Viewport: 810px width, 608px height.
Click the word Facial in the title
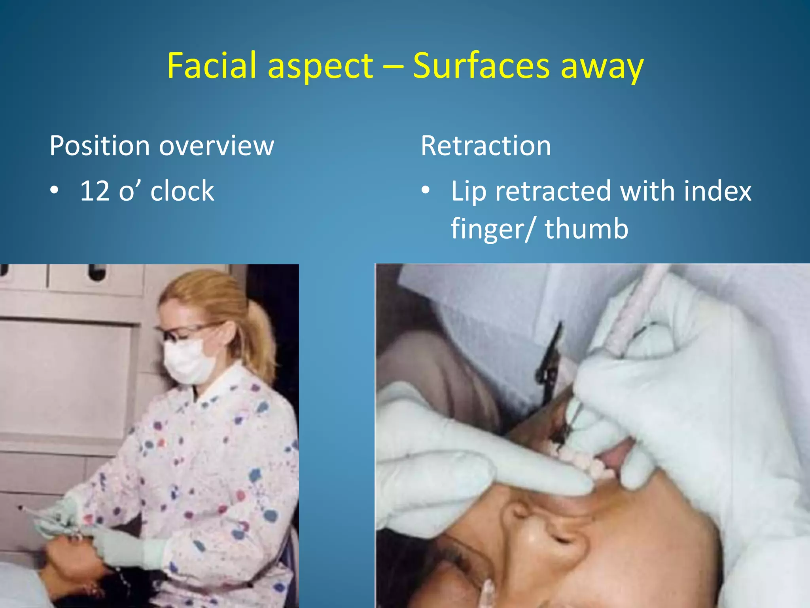212,66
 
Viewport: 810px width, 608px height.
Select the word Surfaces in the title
481,66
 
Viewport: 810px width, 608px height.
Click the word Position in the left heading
99,146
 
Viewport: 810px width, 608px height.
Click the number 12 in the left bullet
95,191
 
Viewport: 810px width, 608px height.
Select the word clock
182,191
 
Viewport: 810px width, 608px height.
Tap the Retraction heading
486,146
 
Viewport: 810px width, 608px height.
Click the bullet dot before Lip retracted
425,191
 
